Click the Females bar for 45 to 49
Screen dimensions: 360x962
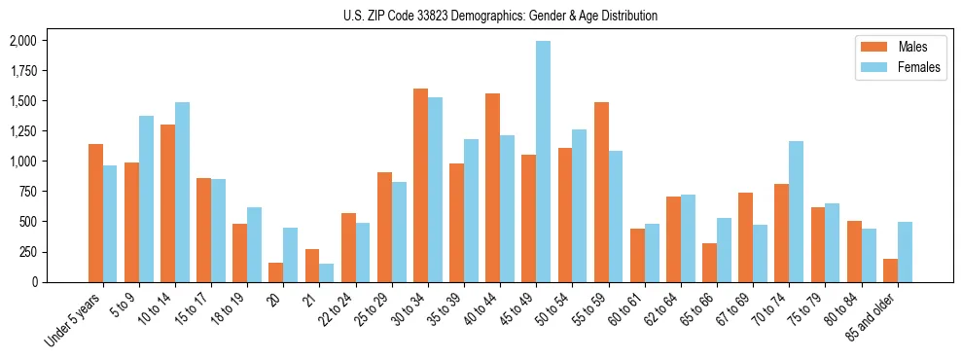(x=543, y=162)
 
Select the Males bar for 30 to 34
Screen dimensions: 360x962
(x=420, y=185)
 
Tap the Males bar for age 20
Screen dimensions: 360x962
(x=276, y=272)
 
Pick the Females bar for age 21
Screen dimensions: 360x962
(x=327, y=272)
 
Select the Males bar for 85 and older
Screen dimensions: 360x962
(x=890, y=270)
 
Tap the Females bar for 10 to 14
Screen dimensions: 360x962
(x=182, y=192)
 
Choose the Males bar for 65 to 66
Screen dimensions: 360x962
(x=709, y=263)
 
